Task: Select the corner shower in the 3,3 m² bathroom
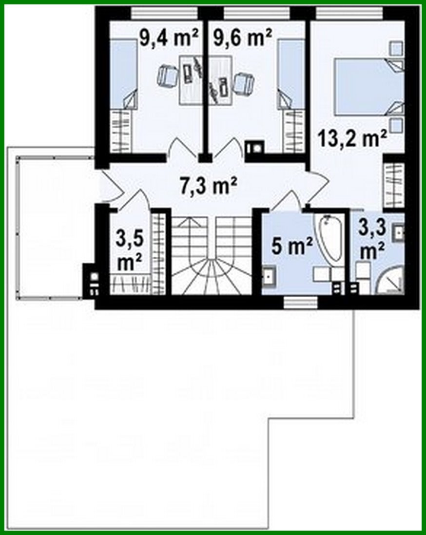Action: pos(393,280)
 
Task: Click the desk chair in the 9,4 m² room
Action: pos(168,76)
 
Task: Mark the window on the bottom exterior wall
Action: pos(300,303)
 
